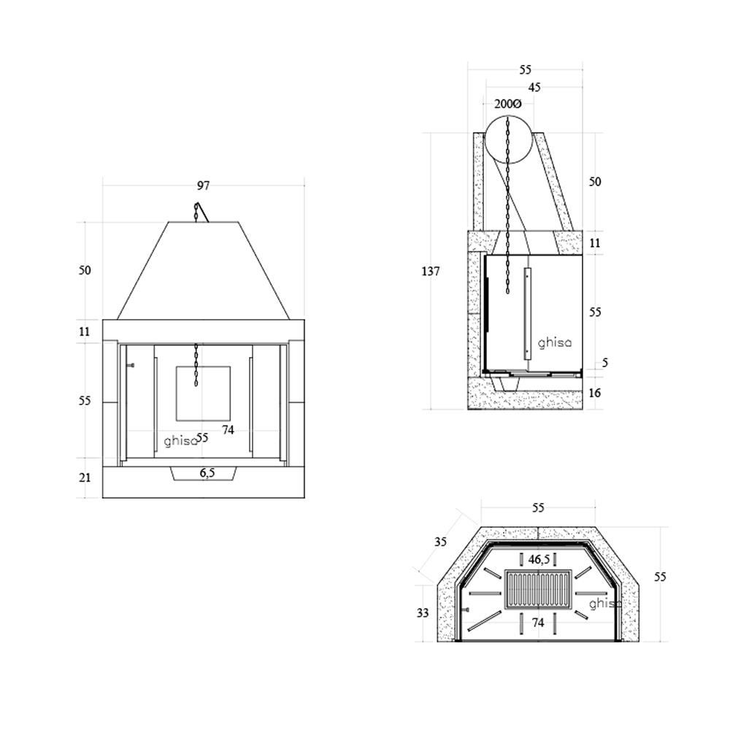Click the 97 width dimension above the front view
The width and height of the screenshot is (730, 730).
203,186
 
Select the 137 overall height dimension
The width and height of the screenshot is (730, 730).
431,272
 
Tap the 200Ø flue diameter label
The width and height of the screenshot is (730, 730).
507,104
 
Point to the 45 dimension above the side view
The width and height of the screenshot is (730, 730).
534,88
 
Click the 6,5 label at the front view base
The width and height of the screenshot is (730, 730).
207,473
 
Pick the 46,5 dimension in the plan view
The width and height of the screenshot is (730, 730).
539,560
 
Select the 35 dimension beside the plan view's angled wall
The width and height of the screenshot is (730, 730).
440,542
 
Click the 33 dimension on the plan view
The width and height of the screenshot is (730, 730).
423,613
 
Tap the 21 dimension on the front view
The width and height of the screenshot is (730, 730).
85,478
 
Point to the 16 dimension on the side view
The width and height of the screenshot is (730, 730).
595,393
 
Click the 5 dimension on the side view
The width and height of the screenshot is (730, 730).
605,363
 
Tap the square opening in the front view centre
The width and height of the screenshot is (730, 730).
203,393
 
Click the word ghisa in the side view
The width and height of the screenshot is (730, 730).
555,342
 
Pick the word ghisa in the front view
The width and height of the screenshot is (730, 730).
179,441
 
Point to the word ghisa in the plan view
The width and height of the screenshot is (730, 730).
604,604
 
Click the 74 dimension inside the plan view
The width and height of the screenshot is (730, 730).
539,623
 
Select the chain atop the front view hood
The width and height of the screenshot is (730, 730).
197,212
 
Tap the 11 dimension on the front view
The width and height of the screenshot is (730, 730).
85,331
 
